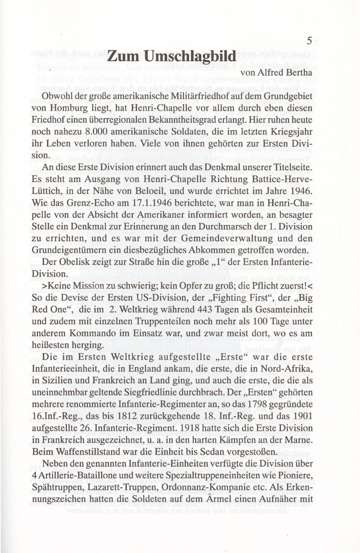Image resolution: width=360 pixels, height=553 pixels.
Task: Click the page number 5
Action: pyautogui.click(x=309, y=41)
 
